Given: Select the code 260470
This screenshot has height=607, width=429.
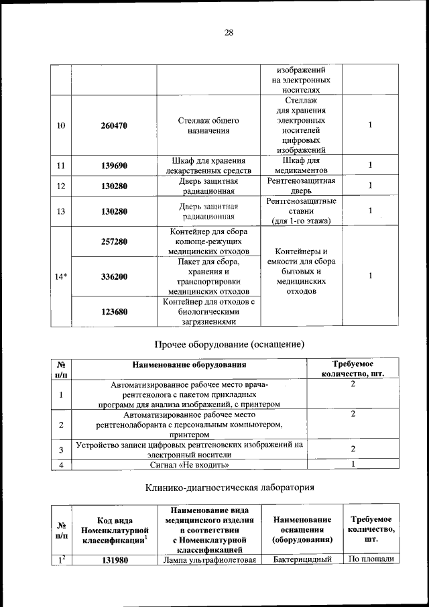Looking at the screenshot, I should click(x=114, y=125).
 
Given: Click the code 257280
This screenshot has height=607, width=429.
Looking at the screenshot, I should click(x=114, y=241).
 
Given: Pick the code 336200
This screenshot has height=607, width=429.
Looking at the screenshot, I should click(x=114, y=276).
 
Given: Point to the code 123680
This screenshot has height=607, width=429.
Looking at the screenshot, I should click(x=114, y=311).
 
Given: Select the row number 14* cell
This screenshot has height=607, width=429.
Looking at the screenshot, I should click(x=60, y=276).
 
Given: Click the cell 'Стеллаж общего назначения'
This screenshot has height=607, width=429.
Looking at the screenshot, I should click(x=208, y=125).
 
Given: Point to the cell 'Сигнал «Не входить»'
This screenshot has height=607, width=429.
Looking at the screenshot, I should click(x=189, y=464).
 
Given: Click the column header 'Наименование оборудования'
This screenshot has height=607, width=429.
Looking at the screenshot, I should click(x=189, y=365).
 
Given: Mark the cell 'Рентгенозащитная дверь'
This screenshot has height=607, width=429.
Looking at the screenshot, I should click(x=300, y=186).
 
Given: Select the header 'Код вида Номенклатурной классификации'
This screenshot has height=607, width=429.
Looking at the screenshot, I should click(x=114, y=529).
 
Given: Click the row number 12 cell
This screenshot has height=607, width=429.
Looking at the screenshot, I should click(x=60, y=186).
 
